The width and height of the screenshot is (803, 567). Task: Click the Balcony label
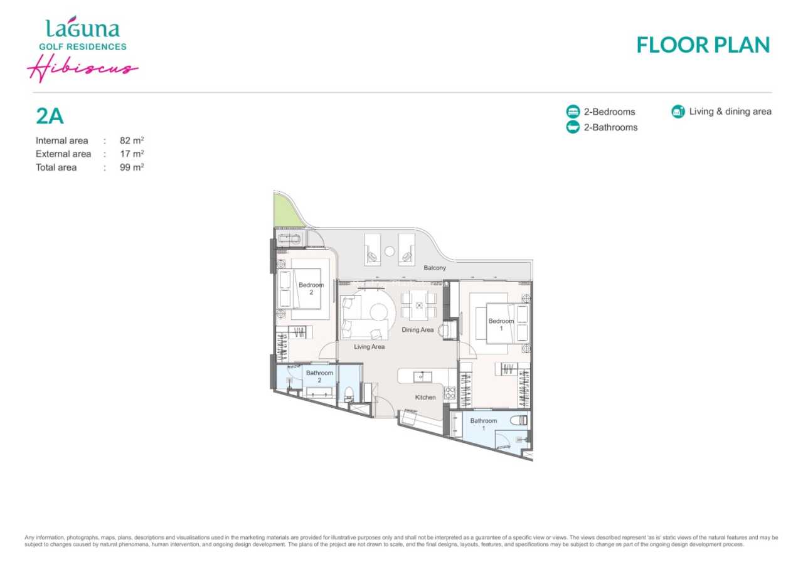pyautogui.click(x=435, y=268)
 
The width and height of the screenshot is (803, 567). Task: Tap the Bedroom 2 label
pyautogui.click(x=311, y=289)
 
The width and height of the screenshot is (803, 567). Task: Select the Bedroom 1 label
pyautogui.click(x=501, y=325)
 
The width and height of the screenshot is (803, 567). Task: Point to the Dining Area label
pyautogui.click(x=418, y=330)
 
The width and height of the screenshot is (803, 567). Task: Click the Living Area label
pyautogui.click(x=370, y=347)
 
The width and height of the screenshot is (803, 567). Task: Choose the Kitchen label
pyautogui.click(x=425, y=397)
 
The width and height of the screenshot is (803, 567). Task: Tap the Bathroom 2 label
pyautogui.click(x=319, y=376)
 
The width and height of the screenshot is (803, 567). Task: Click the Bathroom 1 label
pyautogui.click(x=484, y=424)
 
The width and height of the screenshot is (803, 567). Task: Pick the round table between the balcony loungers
pyautogui.click(x=390, y=252)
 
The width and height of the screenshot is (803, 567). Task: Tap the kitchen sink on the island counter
pyautogui.click(x=422, y=377)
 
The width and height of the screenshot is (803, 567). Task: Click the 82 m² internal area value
pyautogui.click(x=132, y=140)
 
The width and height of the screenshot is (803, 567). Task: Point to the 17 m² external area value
pyautogui.click(x=132, y=154)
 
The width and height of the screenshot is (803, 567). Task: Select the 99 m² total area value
pyautogui.click(x=132, y=167)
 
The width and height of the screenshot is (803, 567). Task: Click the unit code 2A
pyautogui.click(x=50, y=116)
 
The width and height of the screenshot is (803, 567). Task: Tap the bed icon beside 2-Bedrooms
pyautogui.click(x=573, y=112)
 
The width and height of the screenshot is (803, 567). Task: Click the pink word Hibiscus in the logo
pyautogui.click(x=82, y=68)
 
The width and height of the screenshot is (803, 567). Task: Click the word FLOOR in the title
pyautogui.click(x=673, y=45)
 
